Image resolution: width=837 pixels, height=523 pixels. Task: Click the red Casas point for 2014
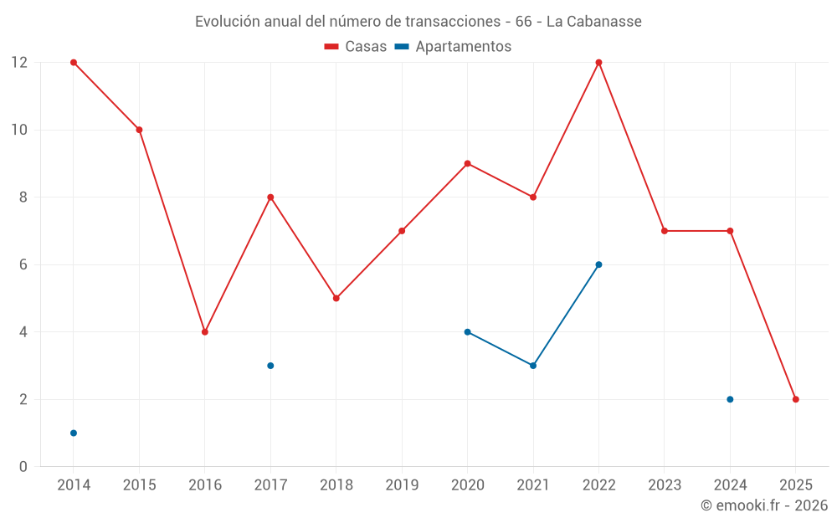(x=74, y=63)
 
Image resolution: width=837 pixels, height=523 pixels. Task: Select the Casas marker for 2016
(x=205, y=332)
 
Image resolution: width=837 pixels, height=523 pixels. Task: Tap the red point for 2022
(x=598, y=63)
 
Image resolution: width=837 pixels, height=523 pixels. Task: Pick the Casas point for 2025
(x=795, y=399)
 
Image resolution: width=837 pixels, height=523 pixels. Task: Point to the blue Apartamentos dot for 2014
(x=74, y=433)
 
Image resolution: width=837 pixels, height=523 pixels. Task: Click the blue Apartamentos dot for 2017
(x=270, y=366)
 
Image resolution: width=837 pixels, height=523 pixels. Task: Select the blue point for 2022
(x=598, y=264)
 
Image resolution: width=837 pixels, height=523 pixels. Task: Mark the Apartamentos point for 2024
(x=730, y=399)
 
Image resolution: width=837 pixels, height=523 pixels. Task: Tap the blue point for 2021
(x=533, y=366)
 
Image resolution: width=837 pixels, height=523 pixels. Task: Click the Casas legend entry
(x=356, y=47)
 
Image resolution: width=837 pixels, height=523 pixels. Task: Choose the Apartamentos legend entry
(x=453, y=47)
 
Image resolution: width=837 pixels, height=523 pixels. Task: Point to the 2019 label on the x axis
(x=402, y=485)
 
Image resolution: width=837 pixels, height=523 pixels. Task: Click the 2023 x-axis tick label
(x=665, y=485)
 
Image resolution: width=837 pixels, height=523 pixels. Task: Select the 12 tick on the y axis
(x=19, y=63)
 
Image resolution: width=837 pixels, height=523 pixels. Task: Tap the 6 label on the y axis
(x=23, y=264)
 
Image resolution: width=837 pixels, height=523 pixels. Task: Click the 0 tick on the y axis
(x=23, y=467)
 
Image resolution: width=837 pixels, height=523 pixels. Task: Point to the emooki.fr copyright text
(x=764, y=505)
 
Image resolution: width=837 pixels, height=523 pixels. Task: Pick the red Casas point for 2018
(x=336, y=298)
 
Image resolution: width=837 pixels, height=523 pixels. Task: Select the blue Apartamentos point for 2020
(x=467, y=332)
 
